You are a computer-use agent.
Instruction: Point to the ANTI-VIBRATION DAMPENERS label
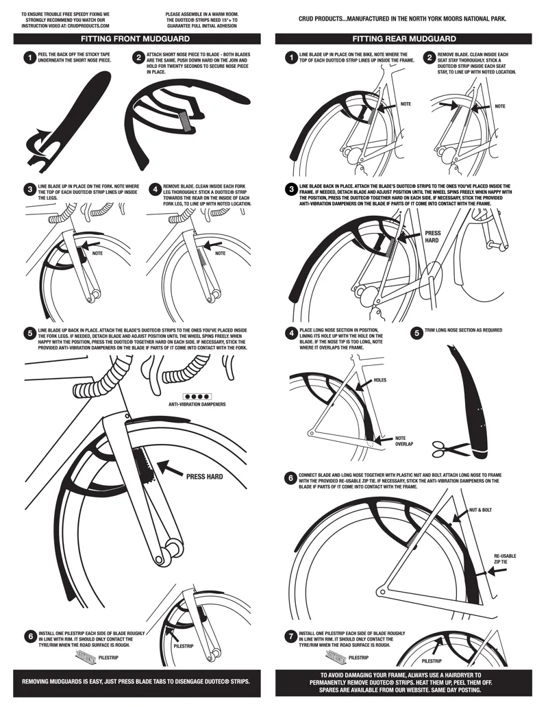pyautogui.click(x=197, y=404)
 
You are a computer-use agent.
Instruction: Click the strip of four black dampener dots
pyautogui.click(x=197, y=396)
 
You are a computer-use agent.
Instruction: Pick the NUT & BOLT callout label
pyautogui.click(x=480, y=510)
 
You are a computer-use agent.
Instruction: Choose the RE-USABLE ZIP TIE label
pyautogui.click(x=505, y=559)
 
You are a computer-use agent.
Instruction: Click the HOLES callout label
pyautogui.click(x=379, y=380)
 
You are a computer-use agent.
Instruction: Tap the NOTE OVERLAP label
pyautogui.click(x=404, y=441)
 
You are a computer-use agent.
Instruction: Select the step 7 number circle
pyautogui.click(x=291, y=636)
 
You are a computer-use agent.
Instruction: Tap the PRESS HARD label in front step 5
pyautogui.click(x=204, y=477)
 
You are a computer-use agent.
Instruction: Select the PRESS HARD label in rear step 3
pyautogui.click(x=432, y=237)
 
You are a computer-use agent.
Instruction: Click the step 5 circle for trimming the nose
pyautogui.click(x=417, y=333)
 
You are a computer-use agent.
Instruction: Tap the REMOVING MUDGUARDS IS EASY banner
pyautogui.click(x=136, y=682)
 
